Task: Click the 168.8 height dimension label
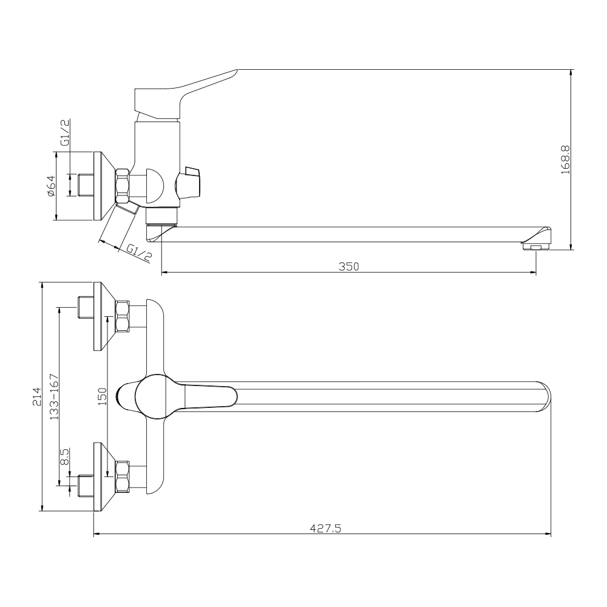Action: click(566, 160)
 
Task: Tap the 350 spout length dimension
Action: click(349, 266)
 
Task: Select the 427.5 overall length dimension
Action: click(325, 528)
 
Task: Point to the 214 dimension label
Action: click(37, 396)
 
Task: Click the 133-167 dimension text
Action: click(54, 396)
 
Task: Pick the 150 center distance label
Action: click(102, 396)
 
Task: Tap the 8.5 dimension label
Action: click(64, 457)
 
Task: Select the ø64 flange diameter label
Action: click(51, 186)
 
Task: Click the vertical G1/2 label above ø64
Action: click(65, 132)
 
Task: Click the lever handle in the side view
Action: click(185, 94)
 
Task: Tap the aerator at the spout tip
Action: click(536, 246)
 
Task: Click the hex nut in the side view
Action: click(123, 186)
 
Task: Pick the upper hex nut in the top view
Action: click(123, 316)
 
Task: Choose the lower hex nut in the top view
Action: click(123, 476)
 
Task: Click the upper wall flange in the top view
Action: click(104, 316)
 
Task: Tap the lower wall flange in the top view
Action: click(104, 477)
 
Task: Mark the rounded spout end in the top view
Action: click(543, 396)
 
